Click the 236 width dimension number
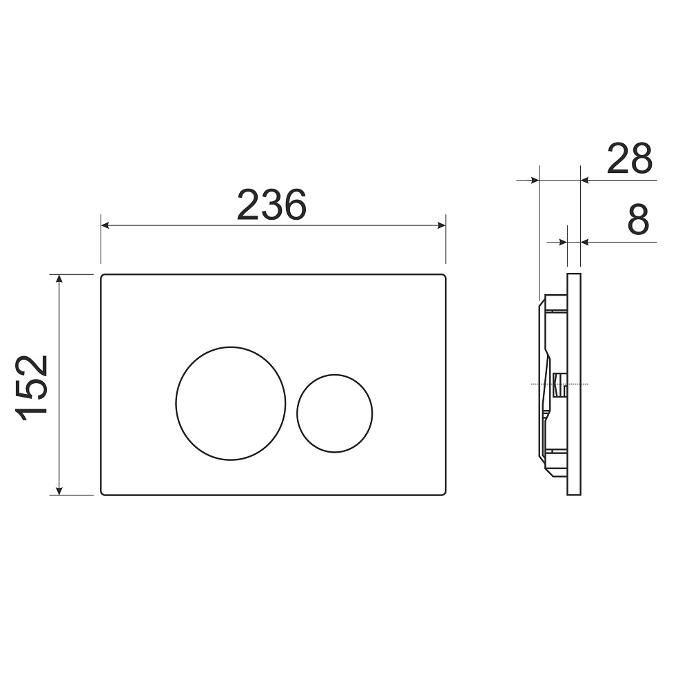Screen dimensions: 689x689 271,205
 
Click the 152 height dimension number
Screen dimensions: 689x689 32,388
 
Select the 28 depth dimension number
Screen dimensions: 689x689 630,158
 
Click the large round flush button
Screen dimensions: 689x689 231,403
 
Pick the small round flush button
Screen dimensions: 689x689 335,413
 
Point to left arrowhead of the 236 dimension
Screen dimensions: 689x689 105,225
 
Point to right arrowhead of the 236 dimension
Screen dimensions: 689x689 442,225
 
